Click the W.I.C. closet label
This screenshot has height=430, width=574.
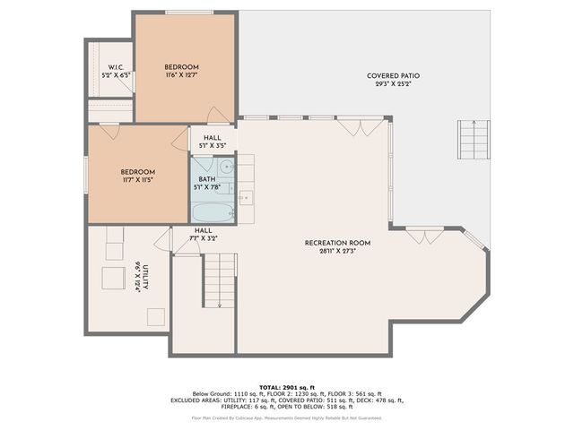(116, 67)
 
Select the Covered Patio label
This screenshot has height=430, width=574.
(393, 76)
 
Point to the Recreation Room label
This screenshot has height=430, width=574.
(337, 243)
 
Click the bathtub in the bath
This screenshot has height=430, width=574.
(213, 213)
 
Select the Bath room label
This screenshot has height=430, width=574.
(206, 179)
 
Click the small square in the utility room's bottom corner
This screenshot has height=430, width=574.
(156, 316)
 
